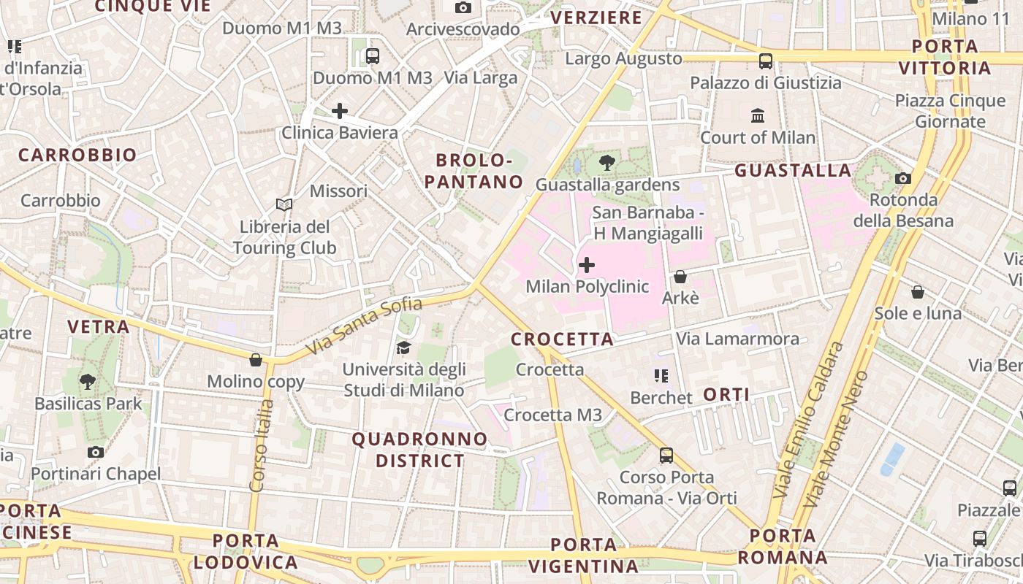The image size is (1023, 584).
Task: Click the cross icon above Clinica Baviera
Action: coord(340,111)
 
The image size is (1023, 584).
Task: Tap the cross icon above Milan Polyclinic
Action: coord(586,265)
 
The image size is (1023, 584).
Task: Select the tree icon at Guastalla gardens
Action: coord(606,163)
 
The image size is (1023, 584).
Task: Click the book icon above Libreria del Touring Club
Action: coord(284,205)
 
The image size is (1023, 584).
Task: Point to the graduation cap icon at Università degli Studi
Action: coord(404,347)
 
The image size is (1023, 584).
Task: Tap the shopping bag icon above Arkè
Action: coord(680,277)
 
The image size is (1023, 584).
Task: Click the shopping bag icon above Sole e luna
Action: coord(918,292)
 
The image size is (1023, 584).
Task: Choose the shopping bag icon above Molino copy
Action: coord(256,360)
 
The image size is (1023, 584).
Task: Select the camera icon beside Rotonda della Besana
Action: coord(903,178)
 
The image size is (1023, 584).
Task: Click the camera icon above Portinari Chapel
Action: coord(96,453)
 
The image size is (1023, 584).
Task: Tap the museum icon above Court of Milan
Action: coord(758,116)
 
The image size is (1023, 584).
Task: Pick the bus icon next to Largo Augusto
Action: coord(765,61)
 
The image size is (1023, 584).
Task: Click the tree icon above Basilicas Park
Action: coord(88,381)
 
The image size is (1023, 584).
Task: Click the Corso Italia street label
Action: coord(262,445)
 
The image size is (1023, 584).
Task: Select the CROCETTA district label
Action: coord(562,339)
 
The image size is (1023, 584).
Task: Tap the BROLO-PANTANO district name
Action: coord(473,171)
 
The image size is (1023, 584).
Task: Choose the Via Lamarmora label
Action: coord(737,339)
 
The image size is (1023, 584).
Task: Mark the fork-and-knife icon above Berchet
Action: coord(661,376)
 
